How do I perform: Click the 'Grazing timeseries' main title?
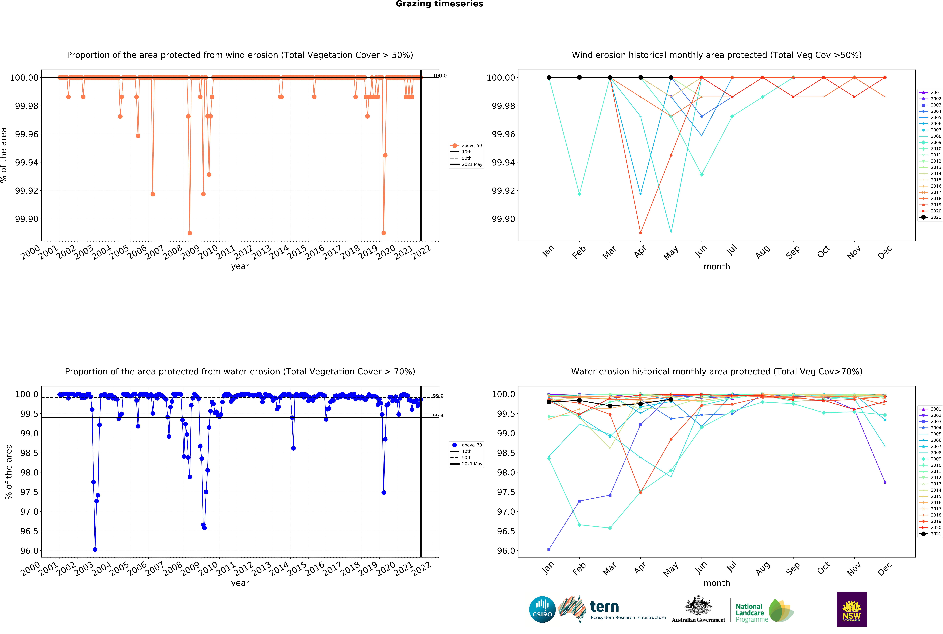tap(439, 4)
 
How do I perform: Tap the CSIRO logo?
tap(542, 609)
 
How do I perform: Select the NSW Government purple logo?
tap(851, 609)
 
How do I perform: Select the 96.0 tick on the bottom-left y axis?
tap(29, 551)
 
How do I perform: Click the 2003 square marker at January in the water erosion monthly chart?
tap(549, 549)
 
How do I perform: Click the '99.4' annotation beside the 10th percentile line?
tap(438, 416)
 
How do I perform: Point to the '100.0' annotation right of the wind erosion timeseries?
tap(439, 76)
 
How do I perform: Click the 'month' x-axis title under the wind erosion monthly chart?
tap(717, 266)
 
